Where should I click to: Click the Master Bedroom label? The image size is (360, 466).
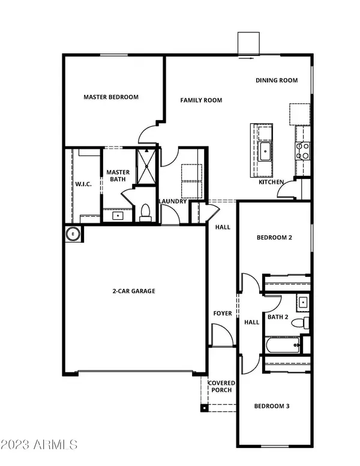[111, 97]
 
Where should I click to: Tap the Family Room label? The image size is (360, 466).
[202, 100]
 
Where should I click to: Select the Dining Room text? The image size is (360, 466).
[276, 80]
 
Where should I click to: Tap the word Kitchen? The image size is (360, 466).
[271, 182]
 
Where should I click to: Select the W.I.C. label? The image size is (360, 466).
[83, 184]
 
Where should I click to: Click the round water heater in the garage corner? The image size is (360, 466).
[74, 234]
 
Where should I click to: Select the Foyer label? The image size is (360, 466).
[222, 313]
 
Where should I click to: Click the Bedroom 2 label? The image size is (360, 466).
[274, 238]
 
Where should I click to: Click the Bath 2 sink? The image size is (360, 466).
[303, 301]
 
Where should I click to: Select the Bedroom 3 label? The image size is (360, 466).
[272, 407]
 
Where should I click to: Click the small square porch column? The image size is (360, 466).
[205, 408]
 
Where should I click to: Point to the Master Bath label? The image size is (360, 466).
[118, 176]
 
